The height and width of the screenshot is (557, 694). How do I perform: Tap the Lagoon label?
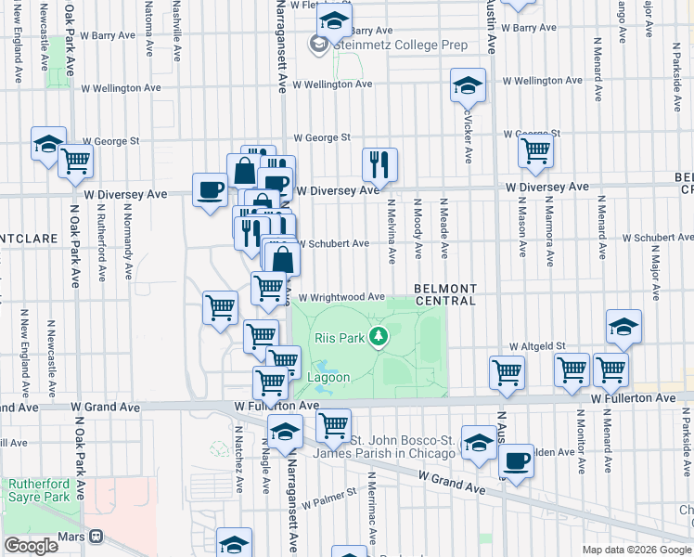pos(328,378)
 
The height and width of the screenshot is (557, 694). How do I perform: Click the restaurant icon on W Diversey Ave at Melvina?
pos(379,165)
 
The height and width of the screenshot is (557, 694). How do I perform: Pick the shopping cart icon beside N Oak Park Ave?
pos(76,161)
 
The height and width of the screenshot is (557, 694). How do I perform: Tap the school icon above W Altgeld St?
pos(624,327)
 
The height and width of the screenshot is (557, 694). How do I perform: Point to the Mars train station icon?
pos(95,537)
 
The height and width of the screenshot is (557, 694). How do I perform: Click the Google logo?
pos(31,546)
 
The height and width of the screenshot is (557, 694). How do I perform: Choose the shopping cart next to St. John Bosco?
pos(333,426)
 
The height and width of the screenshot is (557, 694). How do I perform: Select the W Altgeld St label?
pos(536,345)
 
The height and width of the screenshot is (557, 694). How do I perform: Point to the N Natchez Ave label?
pos(239,460)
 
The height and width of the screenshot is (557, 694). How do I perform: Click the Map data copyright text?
pos(636,550)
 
